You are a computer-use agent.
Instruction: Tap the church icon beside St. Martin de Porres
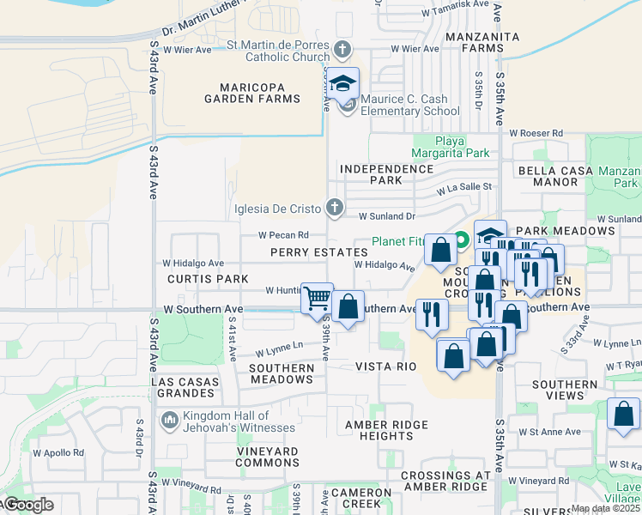343,49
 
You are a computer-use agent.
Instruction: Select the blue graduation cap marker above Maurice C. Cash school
344,83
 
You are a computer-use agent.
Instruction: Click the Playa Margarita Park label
451,147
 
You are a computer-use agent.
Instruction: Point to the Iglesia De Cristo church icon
335,208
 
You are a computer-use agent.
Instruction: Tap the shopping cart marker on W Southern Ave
318,298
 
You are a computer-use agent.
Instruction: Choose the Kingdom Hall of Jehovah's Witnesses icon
167,419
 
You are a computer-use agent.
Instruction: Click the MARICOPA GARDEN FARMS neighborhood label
252,93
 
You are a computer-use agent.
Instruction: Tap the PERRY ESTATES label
319,252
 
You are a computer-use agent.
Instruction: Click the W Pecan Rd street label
283,234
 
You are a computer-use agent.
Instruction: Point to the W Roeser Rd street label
535,133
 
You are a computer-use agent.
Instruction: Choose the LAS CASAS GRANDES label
183,387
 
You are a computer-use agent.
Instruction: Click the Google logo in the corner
27,505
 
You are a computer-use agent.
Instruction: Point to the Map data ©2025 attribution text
606,508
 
